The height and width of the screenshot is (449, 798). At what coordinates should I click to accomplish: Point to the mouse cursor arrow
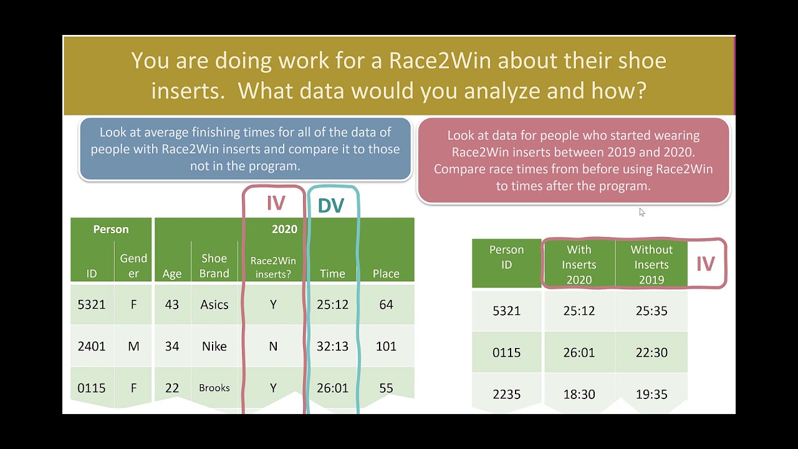tap(642, 212)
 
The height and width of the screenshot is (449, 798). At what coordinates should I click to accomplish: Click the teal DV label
tap(330, 206)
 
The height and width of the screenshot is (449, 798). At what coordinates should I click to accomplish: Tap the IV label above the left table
tap(276, 203)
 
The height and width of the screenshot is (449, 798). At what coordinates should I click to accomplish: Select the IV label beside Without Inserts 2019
tap(705, 264)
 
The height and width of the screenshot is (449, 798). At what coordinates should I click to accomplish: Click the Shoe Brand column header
tap(214, 266)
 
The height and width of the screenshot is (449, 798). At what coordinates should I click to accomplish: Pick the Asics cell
tap(214, 305)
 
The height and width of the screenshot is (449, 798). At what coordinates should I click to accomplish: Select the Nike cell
tap(214, 346)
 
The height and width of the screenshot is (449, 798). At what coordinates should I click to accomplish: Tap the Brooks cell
tap(214, 388)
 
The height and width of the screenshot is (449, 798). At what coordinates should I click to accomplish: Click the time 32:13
tap(332, 346)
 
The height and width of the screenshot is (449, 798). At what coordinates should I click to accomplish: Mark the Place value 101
tap(386, 346)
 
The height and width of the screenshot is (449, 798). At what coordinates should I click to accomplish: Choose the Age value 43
tap(171, 305)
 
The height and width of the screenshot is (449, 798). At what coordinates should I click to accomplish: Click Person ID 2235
tap(506, 394)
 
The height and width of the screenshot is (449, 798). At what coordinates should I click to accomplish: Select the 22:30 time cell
tap(651, 352)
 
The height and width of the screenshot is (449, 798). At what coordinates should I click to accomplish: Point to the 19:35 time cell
tap(651, 394)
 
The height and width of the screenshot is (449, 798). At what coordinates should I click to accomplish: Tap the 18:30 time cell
tap(579, 394)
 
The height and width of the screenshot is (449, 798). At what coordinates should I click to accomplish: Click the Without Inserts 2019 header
tap(651, 264)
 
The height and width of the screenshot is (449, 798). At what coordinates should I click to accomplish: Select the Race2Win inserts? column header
tap(273, 267)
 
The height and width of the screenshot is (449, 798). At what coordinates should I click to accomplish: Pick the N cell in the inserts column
tap(273, 346)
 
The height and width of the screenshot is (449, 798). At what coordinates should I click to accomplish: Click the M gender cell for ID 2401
tap(133, 346)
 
